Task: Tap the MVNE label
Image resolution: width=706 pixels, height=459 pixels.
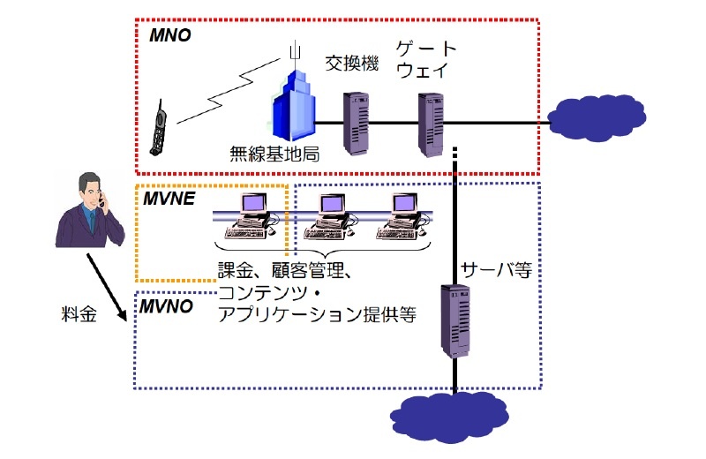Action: tap(169, 199)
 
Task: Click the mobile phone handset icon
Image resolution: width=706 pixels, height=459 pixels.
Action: tap(161, 129)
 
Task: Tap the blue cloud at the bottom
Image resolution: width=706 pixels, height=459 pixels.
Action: tap(454, 416)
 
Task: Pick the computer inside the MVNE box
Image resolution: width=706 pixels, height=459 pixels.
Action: tap(252, 217)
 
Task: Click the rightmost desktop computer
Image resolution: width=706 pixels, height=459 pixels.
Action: tap(403, 217)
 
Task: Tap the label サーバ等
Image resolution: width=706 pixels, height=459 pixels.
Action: tap(496, 270)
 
